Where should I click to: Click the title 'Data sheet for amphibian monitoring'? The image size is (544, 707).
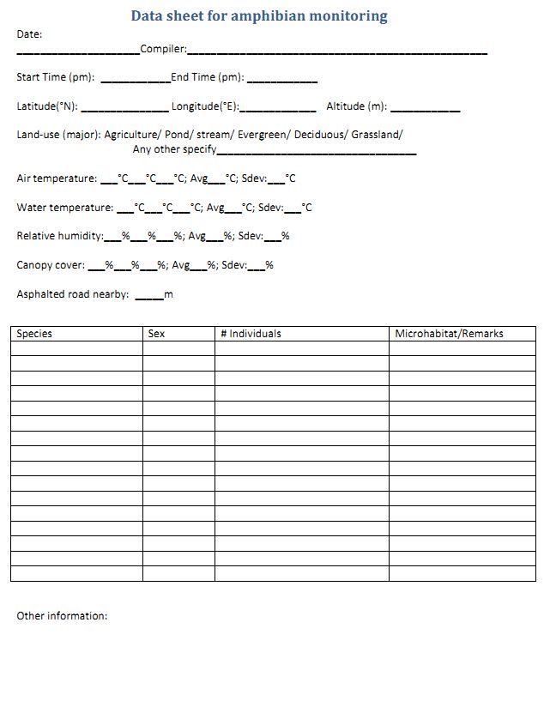(259, 16)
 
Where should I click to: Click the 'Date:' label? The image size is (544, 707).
(29, 34)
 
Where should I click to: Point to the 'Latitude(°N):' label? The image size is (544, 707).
(47, 107)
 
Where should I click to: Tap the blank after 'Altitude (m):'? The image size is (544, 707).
(426, 109)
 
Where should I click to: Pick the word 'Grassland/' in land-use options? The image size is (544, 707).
(377, 135)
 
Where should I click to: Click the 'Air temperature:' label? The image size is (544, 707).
(57, 178)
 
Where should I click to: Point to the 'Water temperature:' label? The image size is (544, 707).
(64, 208)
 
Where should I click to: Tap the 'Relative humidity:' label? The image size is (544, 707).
(60, 236)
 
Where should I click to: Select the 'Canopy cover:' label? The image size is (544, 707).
(51, 265)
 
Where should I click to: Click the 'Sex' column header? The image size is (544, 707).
(156, 334)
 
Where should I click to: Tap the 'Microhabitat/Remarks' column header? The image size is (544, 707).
(449, 334)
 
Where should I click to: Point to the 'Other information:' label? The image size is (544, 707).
(62, 616)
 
